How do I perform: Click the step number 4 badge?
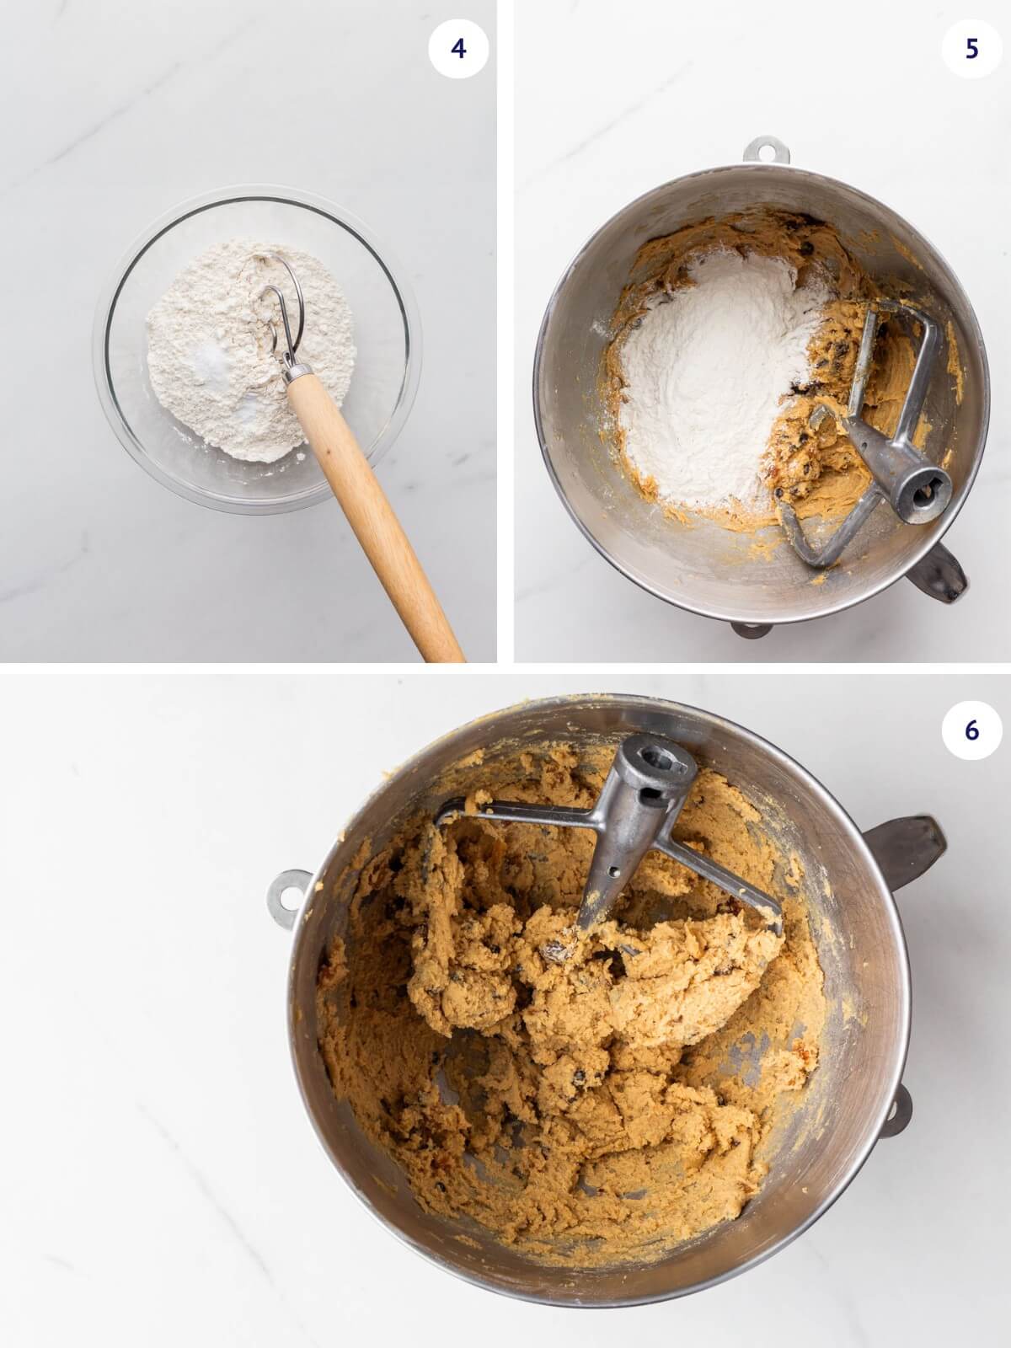[457, 49]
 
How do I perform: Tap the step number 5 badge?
[971, 49]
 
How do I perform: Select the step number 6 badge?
[971, 730]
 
